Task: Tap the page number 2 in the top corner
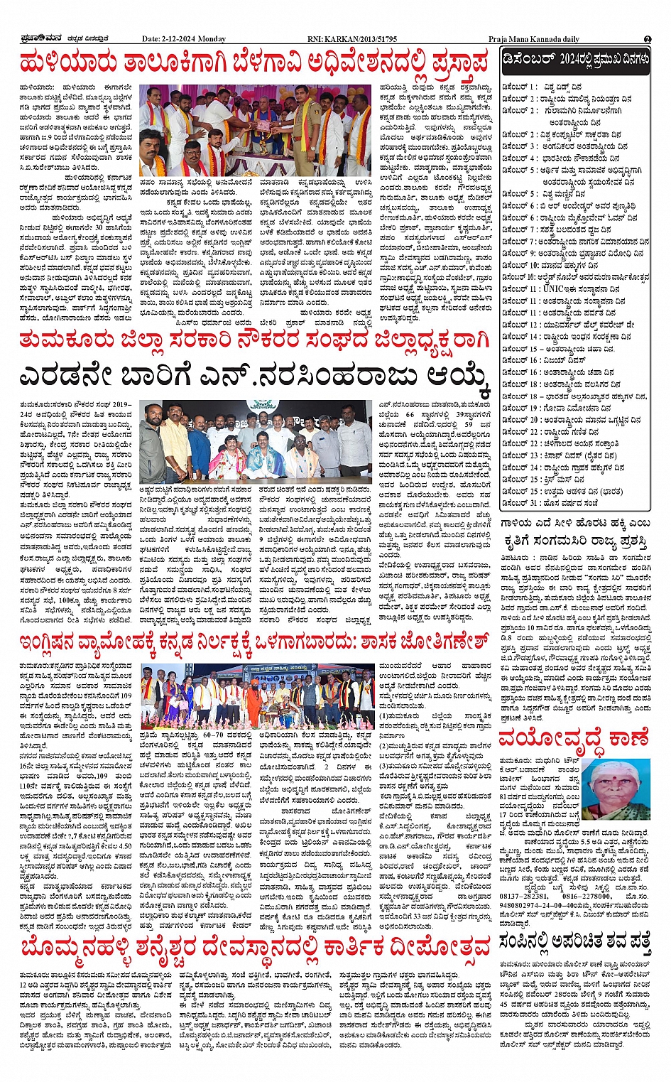coord(648,39)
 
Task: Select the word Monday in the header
coord(212,39)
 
